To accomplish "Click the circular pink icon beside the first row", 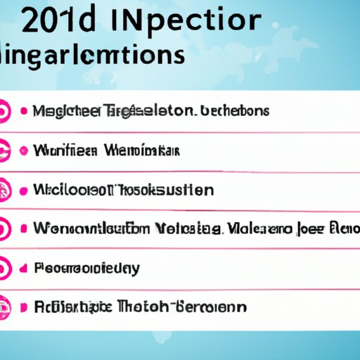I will point(4,112).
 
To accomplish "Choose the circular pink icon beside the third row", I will point(4,190).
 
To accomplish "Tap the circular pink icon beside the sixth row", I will point(4,307).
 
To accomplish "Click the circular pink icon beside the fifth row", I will point(4,268).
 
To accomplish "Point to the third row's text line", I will point(123,190).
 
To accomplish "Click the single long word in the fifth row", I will point(86,269).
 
